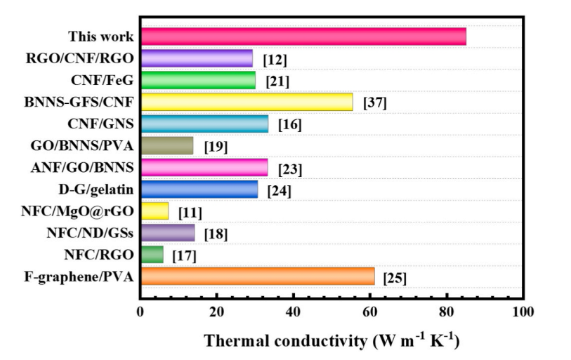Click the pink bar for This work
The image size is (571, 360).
(303, 36)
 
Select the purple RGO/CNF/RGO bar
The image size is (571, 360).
(197, 58)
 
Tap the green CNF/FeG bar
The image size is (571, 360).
(198, 80)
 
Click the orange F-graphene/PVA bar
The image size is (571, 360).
(258, 276)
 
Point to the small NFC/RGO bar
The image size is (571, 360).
(152, 254)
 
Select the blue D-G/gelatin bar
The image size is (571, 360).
(199, 189)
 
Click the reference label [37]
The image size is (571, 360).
(375, 103)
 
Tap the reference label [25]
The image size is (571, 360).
(395, 278)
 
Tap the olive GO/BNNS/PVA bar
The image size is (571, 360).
(167, 145)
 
